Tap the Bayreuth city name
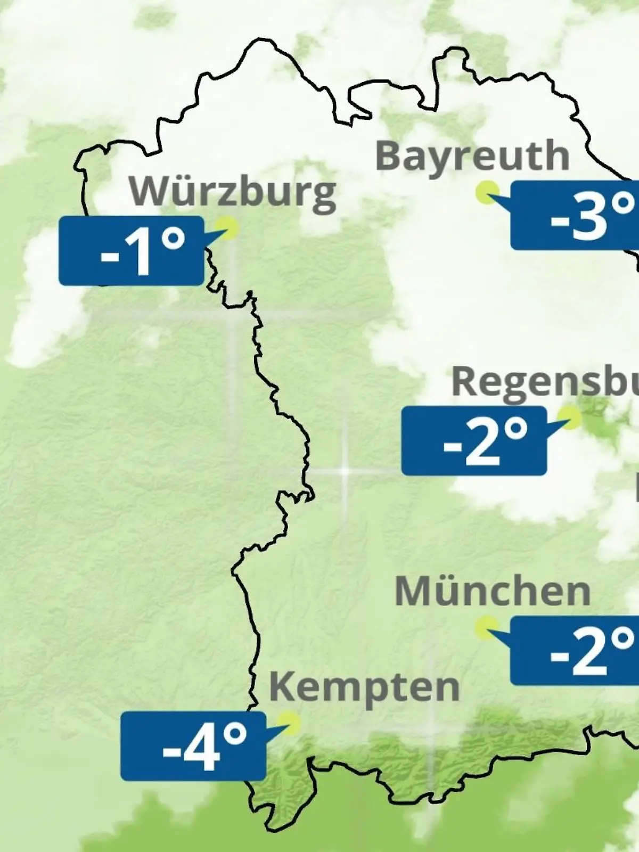[x=472, y=155]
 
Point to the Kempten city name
[x=364, y=687]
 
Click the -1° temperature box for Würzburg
[x=131, y=251]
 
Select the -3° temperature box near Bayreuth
[x=575, y=215]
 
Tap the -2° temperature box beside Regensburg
[x=474, y=441]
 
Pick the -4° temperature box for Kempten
[x=193, y=746]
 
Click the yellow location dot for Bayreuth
[x=487, y=192]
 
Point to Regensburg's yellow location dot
[x=570, y=417]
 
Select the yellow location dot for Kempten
[x=291, y=723]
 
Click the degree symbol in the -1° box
[x=173, y=240]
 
